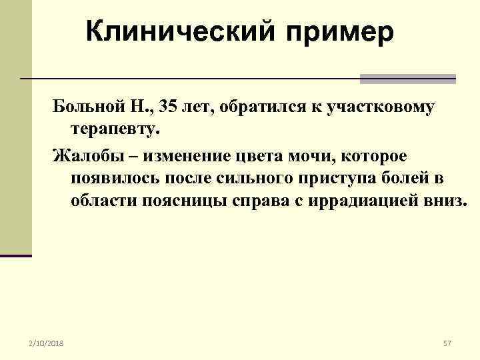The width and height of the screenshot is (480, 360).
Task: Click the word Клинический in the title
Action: tap(175, 30)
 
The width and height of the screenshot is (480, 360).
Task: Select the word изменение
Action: tap(169, 155)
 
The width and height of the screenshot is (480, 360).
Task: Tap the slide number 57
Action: tap(447, 343)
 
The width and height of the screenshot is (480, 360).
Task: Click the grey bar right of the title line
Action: tap(407, 79)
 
